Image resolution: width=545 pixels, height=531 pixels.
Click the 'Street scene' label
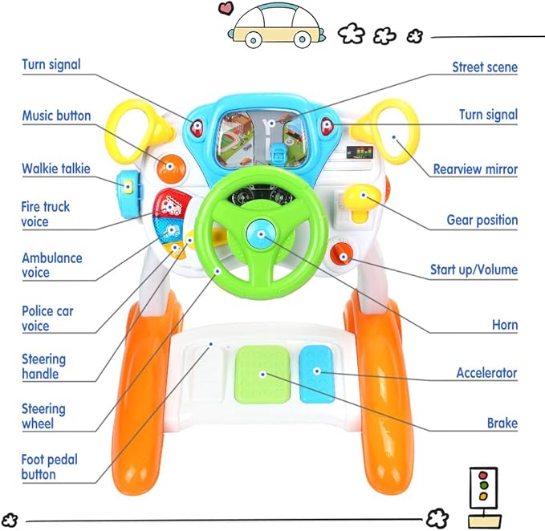484,67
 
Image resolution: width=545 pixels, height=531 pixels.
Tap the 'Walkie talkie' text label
55,168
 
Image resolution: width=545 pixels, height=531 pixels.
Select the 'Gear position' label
482,220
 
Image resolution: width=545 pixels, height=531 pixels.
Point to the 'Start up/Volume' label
474,270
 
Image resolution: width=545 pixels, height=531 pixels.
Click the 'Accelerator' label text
486,373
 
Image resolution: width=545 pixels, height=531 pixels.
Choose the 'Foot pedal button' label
50,466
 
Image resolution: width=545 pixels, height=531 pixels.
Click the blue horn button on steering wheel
260,236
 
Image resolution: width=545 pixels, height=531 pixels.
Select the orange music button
169,167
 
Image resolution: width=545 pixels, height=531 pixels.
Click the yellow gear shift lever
358,198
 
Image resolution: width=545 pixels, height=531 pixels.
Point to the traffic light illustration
482,488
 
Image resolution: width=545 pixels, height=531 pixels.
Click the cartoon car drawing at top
275,26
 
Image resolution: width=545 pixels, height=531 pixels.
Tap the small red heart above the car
226,10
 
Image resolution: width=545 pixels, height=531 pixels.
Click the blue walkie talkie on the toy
128,186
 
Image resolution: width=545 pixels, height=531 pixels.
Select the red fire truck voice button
170,205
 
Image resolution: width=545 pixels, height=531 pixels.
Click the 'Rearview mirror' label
475,169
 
